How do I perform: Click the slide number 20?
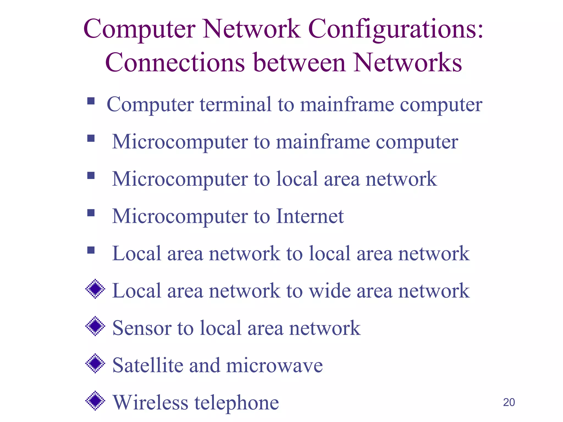(x=509, y=402)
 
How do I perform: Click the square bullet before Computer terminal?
(x=91, y=101)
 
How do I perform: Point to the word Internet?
(x=310, y=216)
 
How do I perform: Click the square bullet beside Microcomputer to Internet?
(x=91, y=213)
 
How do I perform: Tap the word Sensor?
(x=142, y=328)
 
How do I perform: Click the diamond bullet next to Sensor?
(x=95, y=326)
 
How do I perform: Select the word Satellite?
(x=147, y=365)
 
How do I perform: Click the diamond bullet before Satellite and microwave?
(x=95, y=363)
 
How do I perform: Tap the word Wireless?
(x=150, y=402)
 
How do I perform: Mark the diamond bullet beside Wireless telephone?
(x=95, y=401)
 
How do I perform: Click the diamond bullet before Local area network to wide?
(x=95, y=289)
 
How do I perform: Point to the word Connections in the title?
(x=175, y=63)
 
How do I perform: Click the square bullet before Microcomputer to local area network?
(x=91, y=175)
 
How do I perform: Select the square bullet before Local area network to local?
(x=91, y=250)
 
